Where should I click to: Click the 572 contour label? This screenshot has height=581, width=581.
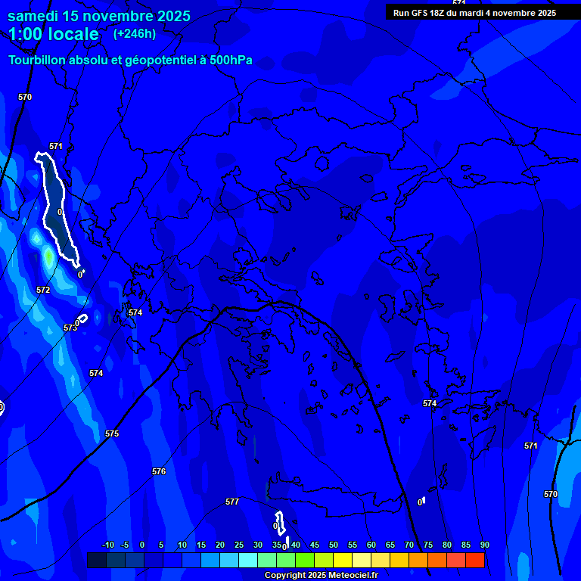(x=43, y=290)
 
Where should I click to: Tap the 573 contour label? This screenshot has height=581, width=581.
(x=70, y=328)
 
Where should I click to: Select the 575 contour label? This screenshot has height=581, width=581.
(x=112, y=433)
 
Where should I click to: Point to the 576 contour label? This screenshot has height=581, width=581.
(x=159, y=471)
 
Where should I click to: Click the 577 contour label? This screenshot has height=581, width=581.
(x=232, y=502)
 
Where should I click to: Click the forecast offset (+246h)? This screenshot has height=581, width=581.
(x=135, y=33)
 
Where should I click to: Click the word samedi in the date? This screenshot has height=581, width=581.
(x=34, y=15)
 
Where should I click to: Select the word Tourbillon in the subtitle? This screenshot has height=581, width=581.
(x=39, y=61)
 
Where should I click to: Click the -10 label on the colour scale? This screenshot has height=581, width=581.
(x=107, y=545)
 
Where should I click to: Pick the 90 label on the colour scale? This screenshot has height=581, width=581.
(x=484, y=545)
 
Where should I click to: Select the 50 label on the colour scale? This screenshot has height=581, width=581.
(x=334, y=545)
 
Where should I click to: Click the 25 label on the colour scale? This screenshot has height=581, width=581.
(x=239, y=545)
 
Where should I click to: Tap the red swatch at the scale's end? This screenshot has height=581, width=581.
(x=475, y=560)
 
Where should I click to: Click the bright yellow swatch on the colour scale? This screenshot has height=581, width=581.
(x=343, y=560)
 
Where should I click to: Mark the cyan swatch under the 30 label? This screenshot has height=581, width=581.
(x=248, y=560)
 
